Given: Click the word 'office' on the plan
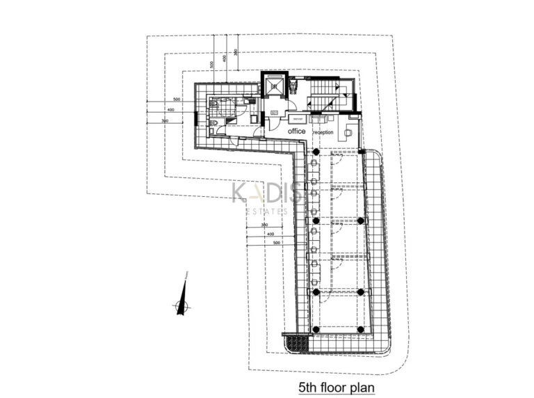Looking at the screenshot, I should click(x=296, y=131).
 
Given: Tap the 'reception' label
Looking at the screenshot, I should click(x=323, y=132).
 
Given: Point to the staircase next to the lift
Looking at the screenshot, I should click(x=325, y=97).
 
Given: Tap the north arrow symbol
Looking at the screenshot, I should click(x=182, y=303).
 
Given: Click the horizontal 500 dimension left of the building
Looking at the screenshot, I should click(x=177, y=99).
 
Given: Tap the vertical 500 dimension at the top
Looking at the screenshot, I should click(x=211, y=64).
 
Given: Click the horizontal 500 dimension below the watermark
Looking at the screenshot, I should click(x=277, y=243).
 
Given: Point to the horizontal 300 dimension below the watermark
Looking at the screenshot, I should click(x=264, y=225).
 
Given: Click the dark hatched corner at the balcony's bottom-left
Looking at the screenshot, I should click(x=296, y=343).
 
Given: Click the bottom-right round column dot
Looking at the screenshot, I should click(x=360, y=329).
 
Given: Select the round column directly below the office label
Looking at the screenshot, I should click(x=315, y=152).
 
